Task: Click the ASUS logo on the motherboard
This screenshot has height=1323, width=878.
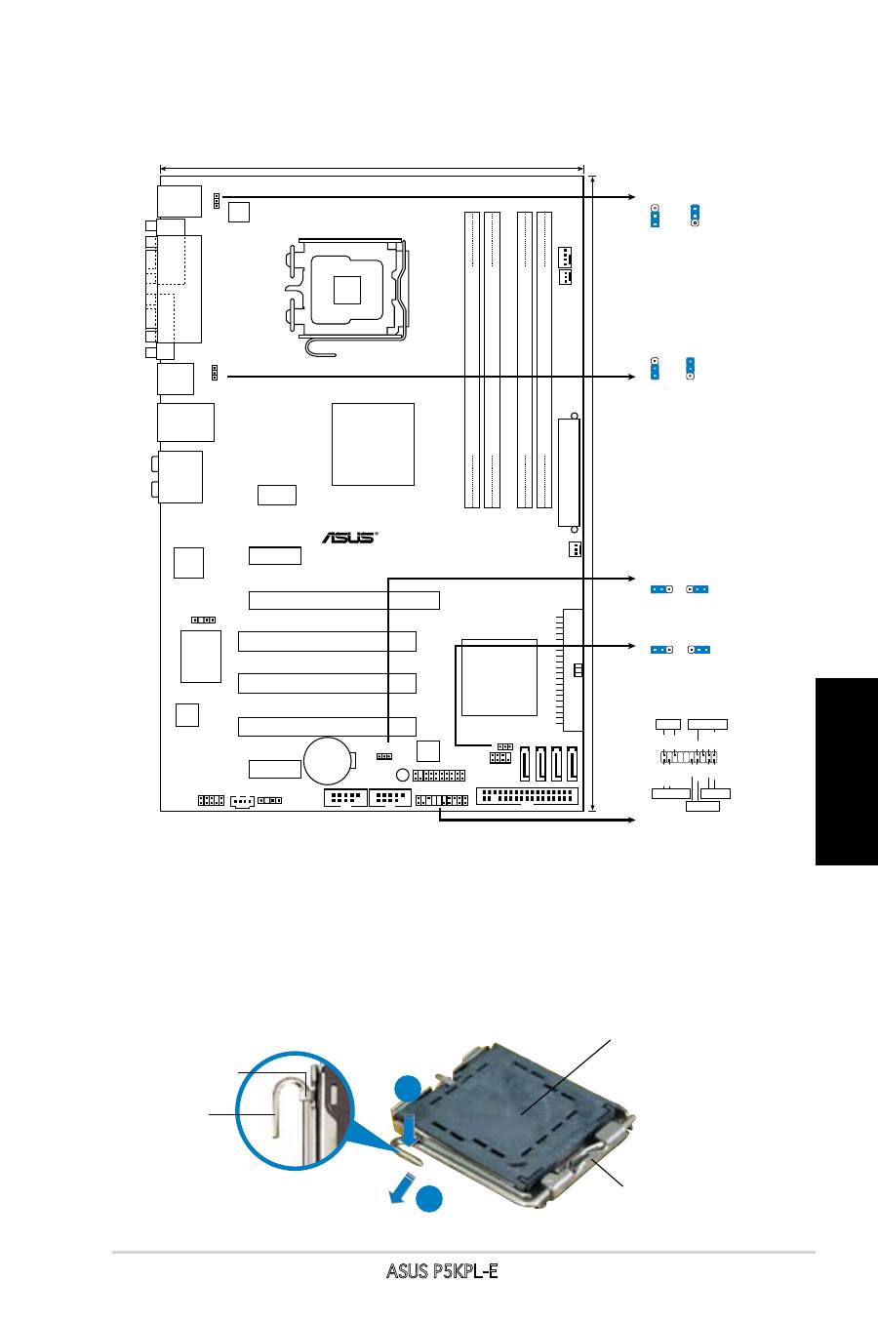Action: point(349,538)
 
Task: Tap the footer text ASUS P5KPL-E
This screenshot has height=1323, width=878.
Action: point(442,1271)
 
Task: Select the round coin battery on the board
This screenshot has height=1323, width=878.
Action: point(329,761)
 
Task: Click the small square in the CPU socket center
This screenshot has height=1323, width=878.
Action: point(346,290)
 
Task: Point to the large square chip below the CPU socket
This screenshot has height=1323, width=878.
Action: point(373,444)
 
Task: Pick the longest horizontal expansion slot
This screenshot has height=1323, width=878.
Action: point(344,600)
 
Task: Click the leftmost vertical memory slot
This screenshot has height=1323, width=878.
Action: point(472,360)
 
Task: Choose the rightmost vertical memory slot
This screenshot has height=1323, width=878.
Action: point(543,360)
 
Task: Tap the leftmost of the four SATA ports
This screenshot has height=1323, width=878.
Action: point(526,764)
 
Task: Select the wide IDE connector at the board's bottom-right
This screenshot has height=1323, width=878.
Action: point(527,796)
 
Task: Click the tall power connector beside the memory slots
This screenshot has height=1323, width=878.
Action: point(569,472)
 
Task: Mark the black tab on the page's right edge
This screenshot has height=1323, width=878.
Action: point(847,772)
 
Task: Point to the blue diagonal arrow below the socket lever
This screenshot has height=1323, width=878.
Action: point(402,1189)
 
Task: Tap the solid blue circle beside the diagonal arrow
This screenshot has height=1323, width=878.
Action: point(429,1198)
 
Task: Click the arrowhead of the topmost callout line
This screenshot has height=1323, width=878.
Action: point(632,197)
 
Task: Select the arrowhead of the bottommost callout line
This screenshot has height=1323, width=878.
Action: point(632,820)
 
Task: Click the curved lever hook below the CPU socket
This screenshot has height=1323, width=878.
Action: point(319,350)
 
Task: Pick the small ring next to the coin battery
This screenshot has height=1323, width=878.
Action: point(403,775)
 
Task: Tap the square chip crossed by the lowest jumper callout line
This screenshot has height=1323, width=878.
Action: point(499,677)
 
